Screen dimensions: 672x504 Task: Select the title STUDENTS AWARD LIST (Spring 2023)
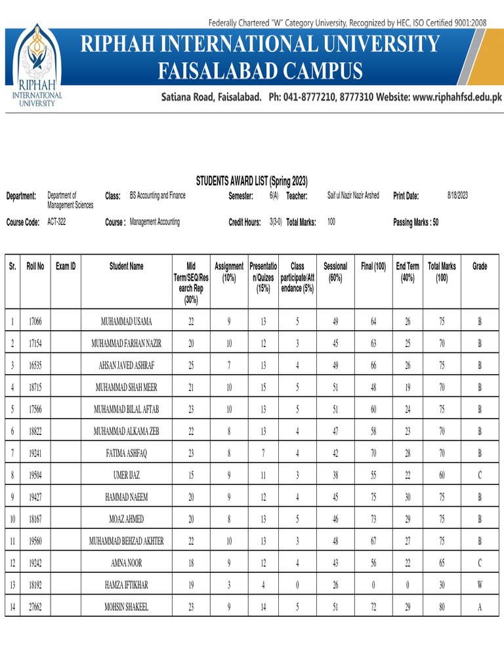click(x=252, y=181)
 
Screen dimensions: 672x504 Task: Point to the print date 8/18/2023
click(x=457, y=196)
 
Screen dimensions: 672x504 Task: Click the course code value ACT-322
click(x=56, y=222)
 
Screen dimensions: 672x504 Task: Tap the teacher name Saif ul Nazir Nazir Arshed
click(x=353, y=196)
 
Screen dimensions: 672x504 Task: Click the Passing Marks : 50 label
click(x=415, y=222)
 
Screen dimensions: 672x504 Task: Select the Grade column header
click(x=480, y=266)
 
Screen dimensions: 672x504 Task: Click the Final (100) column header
click(x=373, y=266)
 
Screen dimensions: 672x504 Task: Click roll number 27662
click(x=35, y=607)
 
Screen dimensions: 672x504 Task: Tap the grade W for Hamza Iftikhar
click(x=480, y=585)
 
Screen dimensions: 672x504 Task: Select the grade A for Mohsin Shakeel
click(x=480, y=607)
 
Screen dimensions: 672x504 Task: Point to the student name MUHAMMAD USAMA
click(x=126, y=321)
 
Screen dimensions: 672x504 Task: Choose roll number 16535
click(x=35, y=365)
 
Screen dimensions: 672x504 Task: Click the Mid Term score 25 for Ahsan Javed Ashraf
click(x=191, y=365)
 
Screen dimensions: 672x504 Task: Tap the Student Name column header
click(x=126, y=266)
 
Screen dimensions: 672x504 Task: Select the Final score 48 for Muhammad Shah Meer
click(x=373, y=387)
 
